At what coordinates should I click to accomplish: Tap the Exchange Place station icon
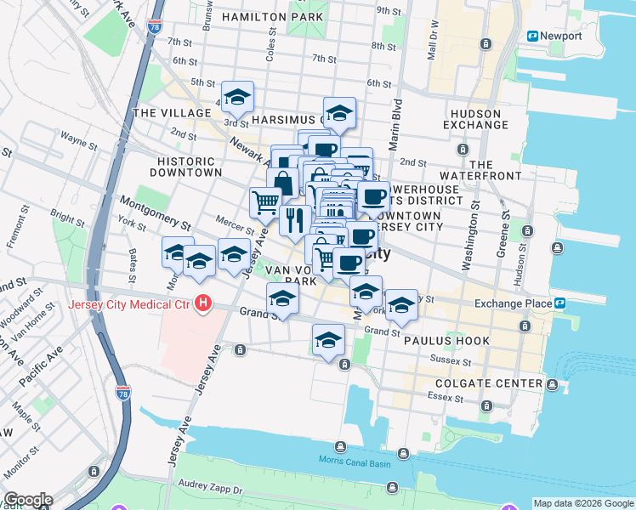coord(560,303)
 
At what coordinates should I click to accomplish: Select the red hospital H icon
coord(202,303)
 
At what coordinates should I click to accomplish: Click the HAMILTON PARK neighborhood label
coord(272,17)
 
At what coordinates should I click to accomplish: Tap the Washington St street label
coord(469,247)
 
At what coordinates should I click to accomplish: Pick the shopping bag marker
coord(282,182)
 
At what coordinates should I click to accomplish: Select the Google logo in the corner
coord(28,500)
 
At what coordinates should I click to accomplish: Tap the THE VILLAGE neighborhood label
coord(172,113)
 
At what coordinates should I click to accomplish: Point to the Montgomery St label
coord(154,214)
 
